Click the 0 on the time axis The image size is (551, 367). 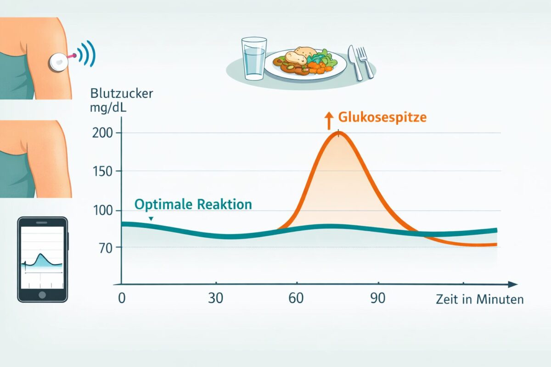(x=121, y=299)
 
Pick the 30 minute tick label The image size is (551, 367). (x=215, y=299)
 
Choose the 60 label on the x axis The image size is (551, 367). (x=297, y=299)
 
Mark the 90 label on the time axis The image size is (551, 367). (x=378, y=299)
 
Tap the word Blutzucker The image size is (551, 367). (x=122, y=94)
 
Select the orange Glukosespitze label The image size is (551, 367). (x=382, y=117)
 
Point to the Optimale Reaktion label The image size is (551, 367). (x=193, y=204)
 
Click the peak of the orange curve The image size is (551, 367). (x=339, y=133)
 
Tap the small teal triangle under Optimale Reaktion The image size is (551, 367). (x=151, y=219)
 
